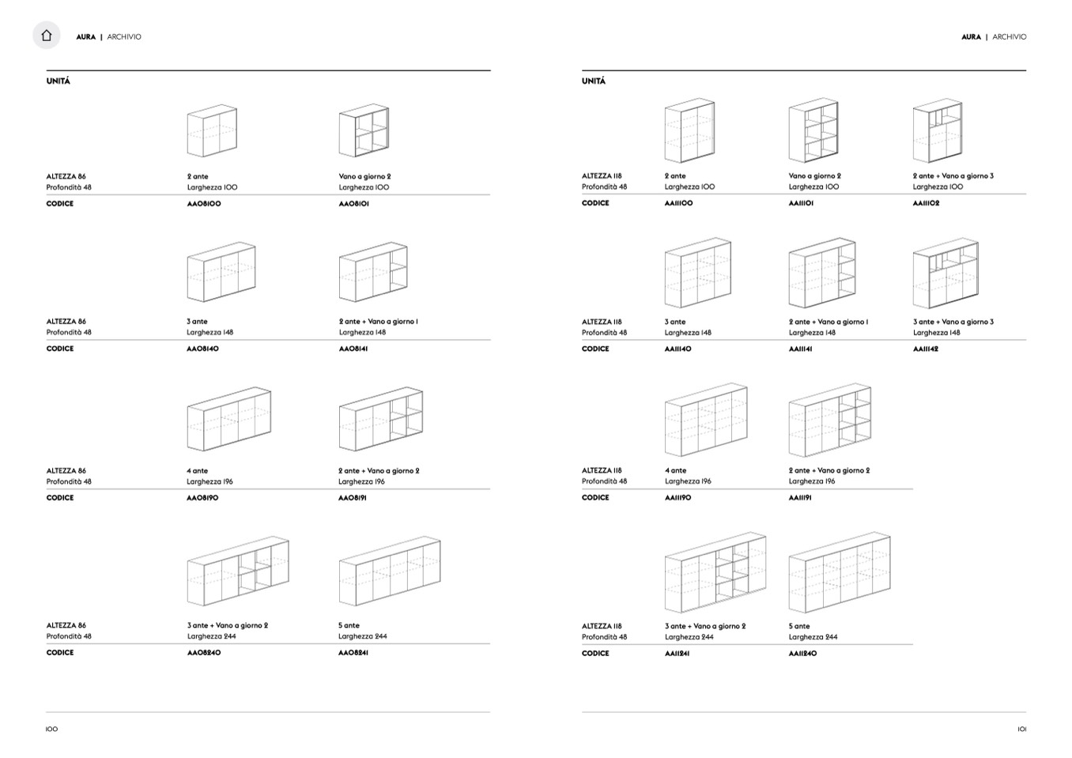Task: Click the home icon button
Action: point(47,35)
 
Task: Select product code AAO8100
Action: point(204,203)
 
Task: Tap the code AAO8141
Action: point(353,349)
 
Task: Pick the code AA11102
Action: point(926,203)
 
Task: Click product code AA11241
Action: point(677,653)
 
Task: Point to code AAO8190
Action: point(202,498)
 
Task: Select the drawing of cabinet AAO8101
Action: point(364,130)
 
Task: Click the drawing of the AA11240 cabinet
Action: point(840,572)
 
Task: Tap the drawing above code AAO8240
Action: point(238,571)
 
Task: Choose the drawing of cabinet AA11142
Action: point(946,273)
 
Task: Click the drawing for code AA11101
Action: point(813,130)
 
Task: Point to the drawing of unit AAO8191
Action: point(381,419)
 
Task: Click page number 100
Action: point(51,729)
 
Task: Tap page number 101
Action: point(1021,729)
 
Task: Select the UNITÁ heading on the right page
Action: point(594,81)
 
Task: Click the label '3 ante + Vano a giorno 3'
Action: point(953,322)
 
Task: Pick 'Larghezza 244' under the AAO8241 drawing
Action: point(362,636)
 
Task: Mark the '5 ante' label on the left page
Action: point(349,625)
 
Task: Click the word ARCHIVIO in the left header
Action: point(124,37)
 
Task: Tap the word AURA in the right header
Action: point(971,37)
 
